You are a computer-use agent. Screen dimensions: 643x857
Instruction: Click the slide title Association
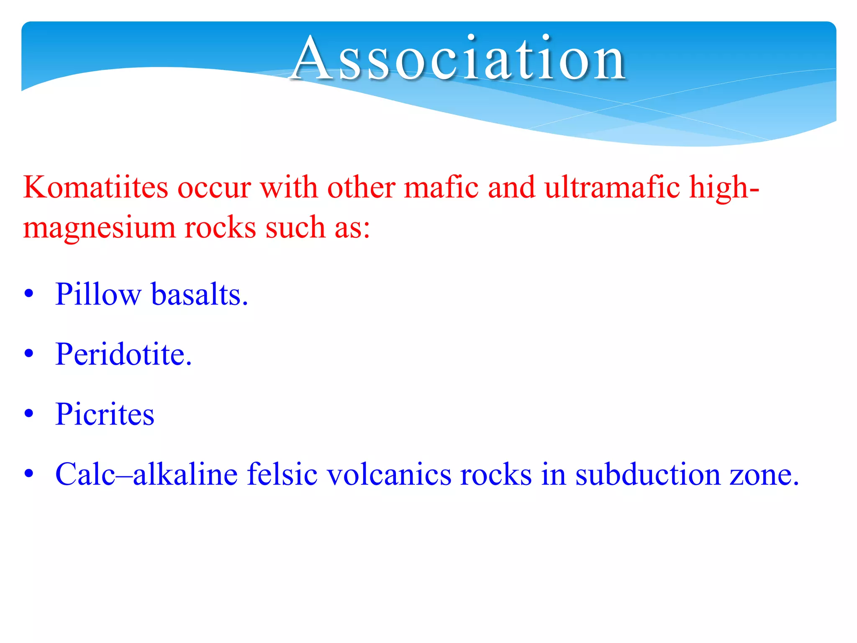point(459,58)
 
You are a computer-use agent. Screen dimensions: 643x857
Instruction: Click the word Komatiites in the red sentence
point(96,187)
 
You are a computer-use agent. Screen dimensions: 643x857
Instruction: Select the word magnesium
point(99,228)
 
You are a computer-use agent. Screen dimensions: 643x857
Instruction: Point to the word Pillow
point(98,294)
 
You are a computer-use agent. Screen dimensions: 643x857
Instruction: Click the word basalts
point(200,294)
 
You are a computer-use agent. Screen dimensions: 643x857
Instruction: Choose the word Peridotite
point(123,355)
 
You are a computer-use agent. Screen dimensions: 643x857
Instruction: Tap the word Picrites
point(105,414)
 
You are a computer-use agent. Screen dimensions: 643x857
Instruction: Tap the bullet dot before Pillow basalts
point(28,294)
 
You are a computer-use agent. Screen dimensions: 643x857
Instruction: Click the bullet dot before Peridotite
point(28,354)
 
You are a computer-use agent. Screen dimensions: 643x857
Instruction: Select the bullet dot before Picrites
point(28,414)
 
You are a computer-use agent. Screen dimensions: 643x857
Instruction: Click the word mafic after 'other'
point(441,187)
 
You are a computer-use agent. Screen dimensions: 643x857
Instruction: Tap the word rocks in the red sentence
point(220,228)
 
